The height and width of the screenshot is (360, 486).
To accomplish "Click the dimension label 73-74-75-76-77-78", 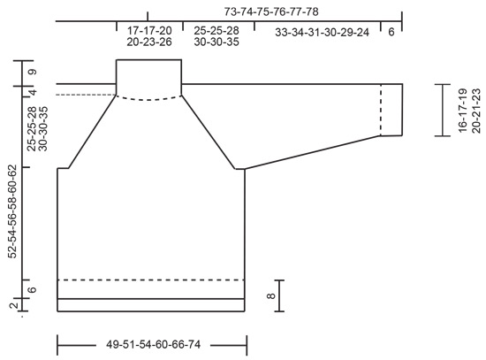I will coord(271,11).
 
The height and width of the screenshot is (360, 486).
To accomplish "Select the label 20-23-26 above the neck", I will coord(149,42).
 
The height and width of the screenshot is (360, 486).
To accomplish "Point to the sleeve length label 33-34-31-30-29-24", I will coord(322,32).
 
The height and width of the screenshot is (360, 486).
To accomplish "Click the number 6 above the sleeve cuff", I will coord(391,32).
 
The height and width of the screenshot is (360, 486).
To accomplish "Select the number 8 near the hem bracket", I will coord(270,296).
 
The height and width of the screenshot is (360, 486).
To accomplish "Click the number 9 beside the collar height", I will coord(32,72).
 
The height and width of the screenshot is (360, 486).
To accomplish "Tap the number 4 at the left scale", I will coord(32,91).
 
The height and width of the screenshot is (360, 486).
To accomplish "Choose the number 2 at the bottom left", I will coord(13,306).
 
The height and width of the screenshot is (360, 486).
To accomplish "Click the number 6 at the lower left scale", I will coord(32,290).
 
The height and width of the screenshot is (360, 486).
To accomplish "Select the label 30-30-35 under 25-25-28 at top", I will coord(216,42).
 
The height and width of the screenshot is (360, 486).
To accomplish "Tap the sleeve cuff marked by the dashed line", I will coord(391,110).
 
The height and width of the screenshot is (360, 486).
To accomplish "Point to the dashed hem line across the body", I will coord(150,280).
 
